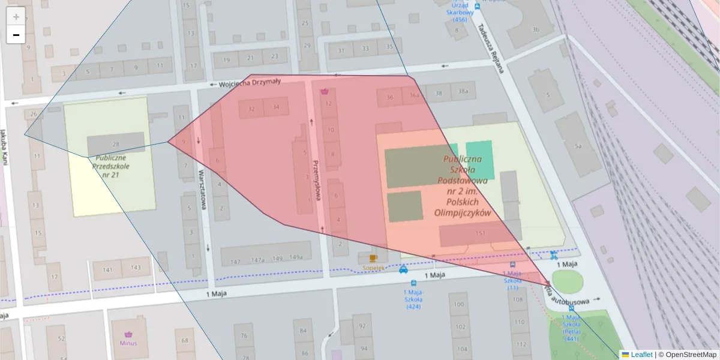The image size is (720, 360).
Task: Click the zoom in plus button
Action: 16,16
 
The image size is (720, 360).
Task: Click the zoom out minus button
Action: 16,35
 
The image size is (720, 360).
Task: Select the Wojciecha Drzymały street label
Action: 249,85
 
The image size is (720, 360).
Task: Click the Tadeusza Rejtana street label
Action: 490,48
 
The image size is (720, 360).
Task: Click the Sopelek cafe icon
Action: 373,258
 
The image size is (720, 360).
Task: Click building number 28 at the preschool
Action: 116,145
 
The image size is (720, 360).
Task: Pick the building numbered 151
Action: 480,233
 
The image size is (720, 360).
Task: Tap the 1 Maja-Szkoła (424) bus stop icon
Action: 413,283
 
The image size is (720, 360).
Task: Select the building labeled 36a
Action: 414,95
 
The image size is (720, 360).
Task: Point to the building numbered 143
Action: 136,268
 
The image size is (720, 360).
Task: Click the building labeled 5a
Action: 578,146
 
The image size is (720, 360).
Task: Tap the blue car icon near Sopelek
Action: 404,269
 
